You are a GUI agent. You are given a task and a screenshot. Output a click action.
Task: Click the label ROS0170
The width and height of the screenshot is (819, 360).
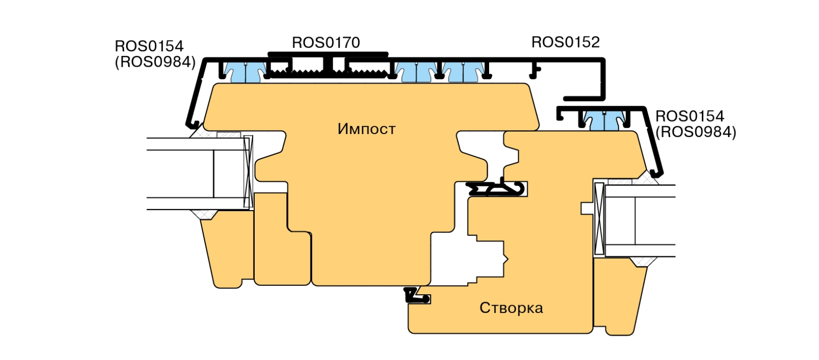tap(325, 43)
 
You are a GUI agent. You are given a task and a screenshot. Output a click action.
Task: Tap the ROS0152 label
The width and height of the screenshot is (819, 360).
tap(565, 43)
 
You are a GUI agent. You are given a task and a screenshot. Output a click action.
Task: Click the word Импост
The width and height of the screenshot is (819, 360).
tap(366, 129)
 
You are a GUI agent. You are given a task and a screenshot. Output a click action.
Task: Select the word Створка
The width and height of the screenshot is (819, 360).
tap(511, 308)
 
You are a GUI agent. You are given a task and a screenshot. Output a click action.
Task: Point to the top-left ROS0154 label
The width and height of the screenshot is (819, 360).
tap(149, 46)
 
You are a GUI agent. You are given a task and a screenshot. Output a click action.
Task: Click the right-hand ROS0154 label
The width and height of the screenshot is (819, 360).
tap(689, 116)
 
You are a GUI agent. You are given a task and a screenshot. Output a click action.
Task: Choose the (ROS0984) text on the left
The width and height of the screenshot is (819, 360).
tap(155, 62)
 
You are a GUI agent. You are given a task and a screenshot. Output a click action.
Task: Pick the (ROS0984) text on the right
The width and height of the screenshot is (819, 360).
tap(695, 132)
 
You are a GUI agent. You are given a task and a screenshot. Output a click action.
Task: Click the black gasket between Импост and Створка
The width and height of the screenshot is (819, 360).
tap(500, 188)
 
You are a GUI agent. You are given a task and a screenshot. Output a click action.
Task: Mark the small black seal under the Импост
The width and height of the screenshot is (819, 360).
tap(416, 295)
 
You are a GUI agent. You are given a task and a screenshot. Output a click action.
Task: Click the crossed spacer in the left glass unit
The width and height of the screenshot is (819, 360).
tap(248, 172)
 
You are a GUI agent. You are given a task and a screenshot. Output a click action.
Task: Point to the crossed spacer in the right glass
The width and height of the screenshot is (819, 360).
tap(599, 219)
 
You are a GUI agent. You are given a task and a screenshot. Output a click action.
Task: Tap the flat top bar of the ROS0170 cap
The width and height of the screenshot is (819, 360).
tap(327, 54)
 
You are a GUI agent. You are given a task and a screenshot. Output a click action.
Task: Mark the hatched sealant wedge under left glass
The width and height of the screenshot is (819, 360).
tap(203, 214)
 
